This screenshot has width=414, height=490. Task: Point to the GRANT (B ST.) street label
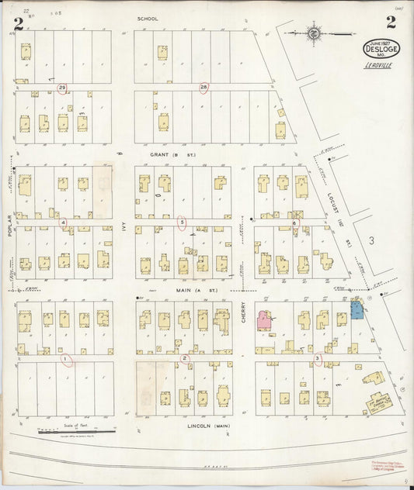coord(172,154)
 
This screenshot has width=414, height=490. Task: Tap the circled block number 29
coord(62,88)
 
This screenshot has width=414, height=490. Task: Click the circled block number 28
coord(204,87)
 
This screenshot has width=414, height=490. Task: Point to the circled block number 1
coord(66,359)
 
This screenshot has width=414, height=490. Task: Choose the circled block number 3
coord(317,358)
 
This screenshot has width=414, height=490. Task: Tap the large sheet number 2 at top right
coord(391,22)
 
